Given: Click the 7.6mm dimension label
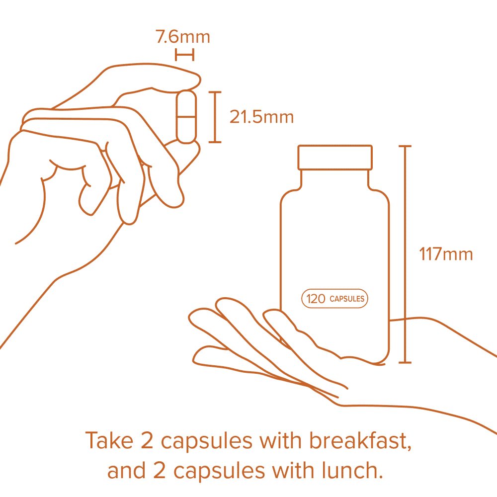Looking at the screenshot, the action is click(x=182, y=37).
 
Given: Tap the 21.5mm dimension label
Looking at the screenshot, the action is click(x=261, y=117).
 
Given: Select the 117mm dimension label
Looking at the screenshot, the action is click(x=446, y=254).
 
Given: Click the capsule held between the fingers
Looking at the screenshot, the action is click(x=186, y=117).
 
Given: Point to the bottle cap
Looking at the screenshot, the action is click(x=335, y=158).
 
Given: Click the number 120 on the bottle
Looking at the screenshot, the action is click(x=316, y=299).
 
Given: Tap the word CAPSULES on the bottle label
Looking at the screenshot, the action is click(x=347, y=299).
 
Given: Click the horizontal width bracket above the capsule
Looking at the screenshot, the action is click(x=184, y=55).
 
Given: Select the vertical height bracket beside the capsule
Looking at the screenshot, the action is click(x=215, y=117).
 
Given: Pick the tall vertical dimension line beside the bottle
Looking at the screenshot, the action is click(x=405, y=254).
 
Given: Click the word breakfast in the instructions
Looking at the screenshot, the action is click(x=360, y=440).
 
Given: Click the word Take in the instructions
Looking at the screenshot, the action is click(x=109, y=440).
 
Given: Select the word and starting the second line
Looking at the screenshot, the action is click(x=126, y=470).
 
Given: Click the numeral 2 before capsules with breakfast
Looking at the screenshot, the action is click(x=147, y=440).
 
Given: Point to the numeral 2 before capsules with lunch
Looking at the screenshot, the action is click(x=160, y=470).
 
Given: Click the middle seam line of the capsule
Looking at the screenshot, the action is click(x=186, y=117).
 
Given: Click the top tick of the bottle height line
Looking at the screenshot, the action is click(x=405, y=146).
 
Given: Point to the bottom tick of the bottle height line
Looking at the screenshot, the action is click(x=405, y=362).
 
